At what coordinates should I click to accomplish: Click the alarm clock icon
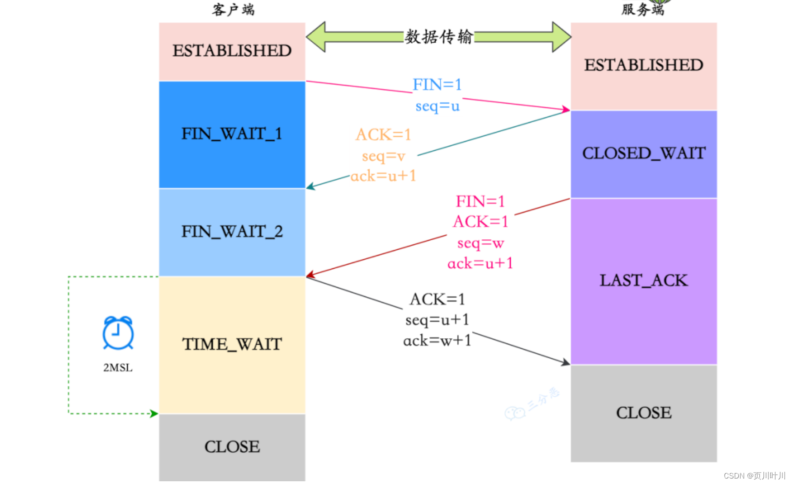118,333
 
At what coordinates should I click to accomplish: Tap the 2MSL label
118,367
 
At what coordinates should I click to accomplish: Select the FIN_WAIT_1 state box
232,134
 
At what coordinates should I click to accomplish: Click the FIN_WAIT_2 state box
232,232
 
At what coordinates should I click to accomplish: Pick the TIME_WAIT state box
232,344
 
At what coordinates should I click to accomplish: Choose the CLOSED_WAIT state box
643,153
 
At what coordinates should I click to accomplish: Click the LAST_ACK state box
643,281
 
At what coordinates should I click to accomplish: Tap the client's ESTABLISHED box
232,51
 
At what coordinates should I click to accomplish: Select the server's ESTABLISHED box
643,65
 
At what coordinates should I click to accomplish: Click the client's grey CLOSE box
232,447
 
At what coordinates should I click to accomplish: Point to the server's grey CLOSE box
643,413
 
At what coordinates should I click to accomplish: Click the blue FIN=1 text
437,84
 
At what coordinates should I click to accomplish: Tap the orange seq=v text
383,156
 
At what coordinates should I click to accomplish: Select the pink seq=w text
480,243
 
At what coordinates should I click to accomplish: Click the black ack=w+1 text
437,341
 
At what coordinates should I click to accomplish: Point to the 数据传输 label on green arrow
438,37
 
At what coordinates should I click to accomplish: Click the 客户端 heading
233,9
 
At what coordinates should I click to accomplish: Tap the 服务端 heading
643,9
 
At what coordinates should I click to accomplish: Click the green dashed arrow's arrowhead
154,414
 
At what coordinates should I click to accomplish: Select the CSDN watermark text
754,475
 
